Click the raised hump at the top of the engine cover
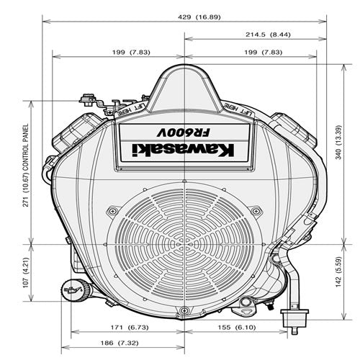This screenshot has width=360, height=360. [185, 83]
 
